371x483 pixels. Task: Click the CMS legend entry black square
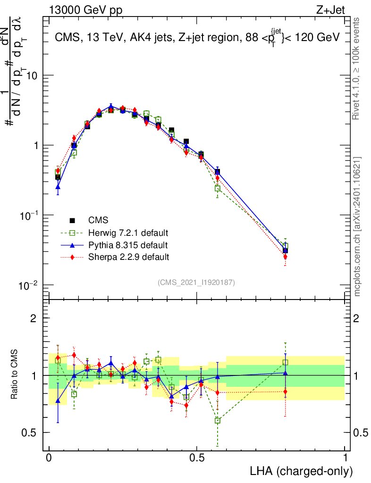tap(73, 220)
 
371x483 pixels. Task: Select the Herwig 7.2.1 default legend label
tap(128, 233)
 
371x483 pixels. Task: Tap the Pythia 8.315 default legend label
tap(128, 245)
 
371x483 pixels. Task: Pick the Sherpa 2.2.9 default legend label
tap(129, 257)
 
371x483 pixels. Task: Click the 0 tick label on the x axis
tap(49, 458)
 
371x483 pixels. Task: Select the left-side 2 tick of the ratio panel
tap(34, 318)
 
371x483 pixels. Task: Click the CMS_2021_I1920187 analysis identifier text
tap(197, 282)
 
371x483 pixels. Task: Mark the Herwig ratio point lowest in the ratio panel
tap(217, 420)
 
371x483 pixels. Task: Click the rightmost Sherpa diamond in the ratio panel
tap(285, 391)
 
